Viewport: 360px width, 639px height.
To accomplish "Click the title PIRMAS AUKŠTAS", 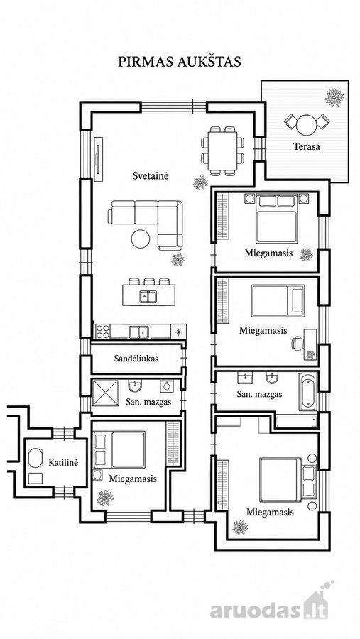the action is pyautogui.click(x=180, y=61).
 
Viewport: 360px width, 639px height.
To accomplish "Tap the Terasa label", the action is pyautogui.click(x=307, y=146).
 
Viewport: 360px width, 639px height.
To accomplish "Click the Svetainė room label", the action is pyautogui.click(x=151, y=175).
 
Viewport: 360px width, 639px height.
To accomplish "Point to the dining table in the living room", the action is pyautogui.click(x=223, y=151).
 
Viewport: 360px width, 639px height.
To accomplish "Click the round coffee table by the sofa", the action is pyautogui.click(x=141, y=239).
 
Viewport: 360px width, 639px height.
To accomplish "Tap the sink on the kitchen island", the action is pyautogui.click(x=148, y=296).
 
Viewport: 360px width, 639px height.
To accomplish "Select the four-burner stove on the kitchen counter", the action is pyautogui.click(x=102, y=331).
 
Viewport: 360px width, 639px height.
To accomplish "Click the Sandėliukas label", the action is pyautogui.click(x=136, y=359).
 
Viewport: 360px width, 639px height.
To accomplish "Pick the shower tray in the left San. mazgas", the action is pyautogui.click(x=106, y=393).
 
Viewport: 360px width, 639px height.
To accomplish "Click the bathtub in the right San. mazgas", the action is pyautogui.click(x=308, y=392).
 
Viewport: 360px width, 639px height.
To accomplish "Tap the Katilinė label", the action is pyautogui.click(x=63, y=462).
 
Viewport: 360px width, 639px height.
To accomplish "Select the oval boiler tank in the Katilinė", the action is pyautogui.click(x=36, y=459).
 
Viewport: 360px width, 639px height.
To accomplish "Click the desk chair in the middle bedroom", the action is pyautogui.click(x=296, y=343).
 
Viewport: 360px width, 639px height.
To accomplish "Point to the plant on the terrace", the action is pyautogui.click(x=334, y=97).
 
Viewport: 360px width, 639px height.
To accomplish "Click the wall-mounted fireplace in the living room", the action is pyautogui.click(x=98, y=159).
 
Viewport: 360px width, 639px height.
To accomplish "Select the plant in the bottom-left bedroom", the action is pyautogui.click(x=105, y=498).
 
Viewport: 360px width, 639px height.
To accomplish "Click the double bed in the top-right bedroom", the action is pyautogui.click(x=277, y=219).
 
